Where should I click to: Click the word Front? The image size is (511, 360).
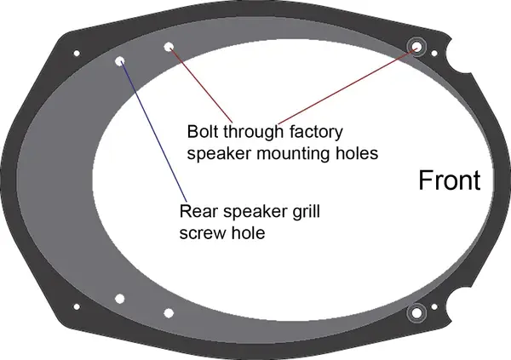(449, 180)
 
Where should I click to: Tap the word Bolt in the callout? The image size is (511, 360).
(203, 133)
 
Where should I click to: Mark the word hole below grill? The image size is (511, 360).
(248, 231)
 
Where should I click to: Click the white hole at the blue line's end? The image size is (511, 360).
(120, 61)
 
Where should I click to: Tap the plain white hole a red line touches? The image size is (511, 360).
(169, 47)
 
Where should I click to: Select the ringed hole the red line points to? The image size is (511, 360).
(417, 46)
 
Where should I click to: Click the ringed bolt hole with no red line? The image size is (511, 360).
(417, 313)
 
